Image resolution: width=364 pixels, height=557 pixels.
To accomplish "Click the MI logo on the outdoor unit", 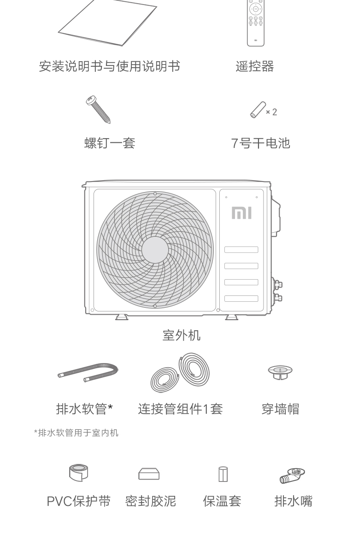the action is coord(241,213).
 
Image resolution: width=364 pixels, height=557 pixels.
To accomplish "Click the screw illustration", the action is coord(98,109).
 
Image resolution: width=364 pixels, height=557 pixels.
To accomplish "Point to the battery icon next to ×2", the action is coord(257,110).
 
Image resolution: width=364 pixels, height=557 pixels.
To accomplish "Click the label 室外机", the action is coord(182,335).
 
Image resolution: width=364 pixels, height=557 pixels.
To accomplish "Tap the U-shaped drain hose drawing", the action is coord(88,372).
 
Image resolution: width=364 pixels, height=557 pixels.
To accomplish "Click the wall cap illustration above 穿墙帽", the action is coord(280,372).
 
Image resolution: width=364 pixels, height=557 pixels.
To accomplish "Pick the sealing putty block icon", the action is coord(149,474).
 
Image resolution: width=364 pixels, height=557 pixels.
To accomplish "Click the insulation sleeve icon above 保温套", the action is coord(223,474).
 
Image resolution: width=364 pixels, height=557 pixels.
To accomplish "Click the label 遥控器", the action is coord(255,66).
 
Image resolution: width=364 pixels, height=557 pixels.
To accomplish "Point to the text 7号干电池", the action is coord(260,143).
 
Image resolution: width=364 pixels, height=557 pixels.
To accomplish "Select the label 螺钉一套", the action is coord(110,143).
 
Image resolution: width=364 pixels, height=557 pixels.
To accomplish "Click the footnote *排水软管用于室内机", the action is coord(76,433).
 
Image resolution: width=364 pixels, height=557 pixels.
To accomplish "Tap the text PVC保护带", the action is coord(79,501).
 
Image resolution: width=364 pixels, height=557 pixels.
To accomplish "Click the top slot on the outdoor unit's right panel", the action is coord(241,250).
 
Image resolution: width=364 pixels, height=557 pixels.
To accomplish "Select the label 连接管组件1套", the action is coord(180,409).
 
